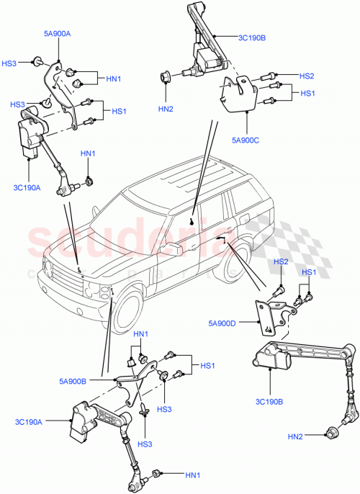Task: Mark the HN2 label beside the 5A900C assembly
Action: coord(166,109)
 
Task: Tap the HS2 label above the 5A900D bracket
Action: coord(280,261)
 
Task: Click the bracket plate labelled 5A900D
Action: coord(267,316)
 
